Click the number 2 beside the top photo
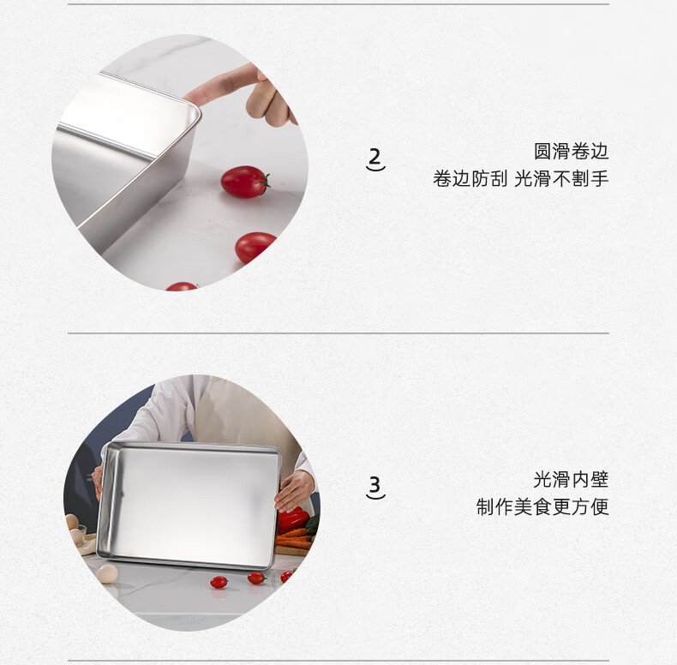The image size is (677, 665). click(x=375, y=156)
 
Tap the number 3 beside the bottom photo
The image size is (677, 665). click(x=375, y=484)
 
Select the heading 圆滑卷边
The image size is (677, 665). click(x=571, y=152)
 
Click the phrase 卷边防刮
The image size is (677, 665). click(x=470, y=178)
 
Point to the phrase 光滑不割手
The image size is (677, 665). click(x=561, y=178)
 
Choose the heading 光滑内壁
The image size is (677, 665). click(x=571, y=480)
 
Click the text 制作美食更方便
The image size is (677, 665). click(x=542, y=506)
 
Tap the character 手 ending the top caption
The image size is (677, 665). click(x=600, y=178)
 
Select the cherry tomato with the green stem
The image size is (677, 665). click(x=245, y=182)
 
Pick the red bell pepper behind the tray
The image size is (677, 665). click(x=293, y=520)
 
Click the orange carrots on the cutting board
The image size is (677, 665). click(x=295, y=539)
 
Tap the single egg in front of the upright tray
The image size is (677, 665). click(x=106, y=574)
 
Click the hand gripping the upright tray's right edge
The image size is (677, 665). click(x=293, y=490)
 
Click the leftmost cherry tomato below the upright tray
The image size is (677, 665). click(x=219, y=582)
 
